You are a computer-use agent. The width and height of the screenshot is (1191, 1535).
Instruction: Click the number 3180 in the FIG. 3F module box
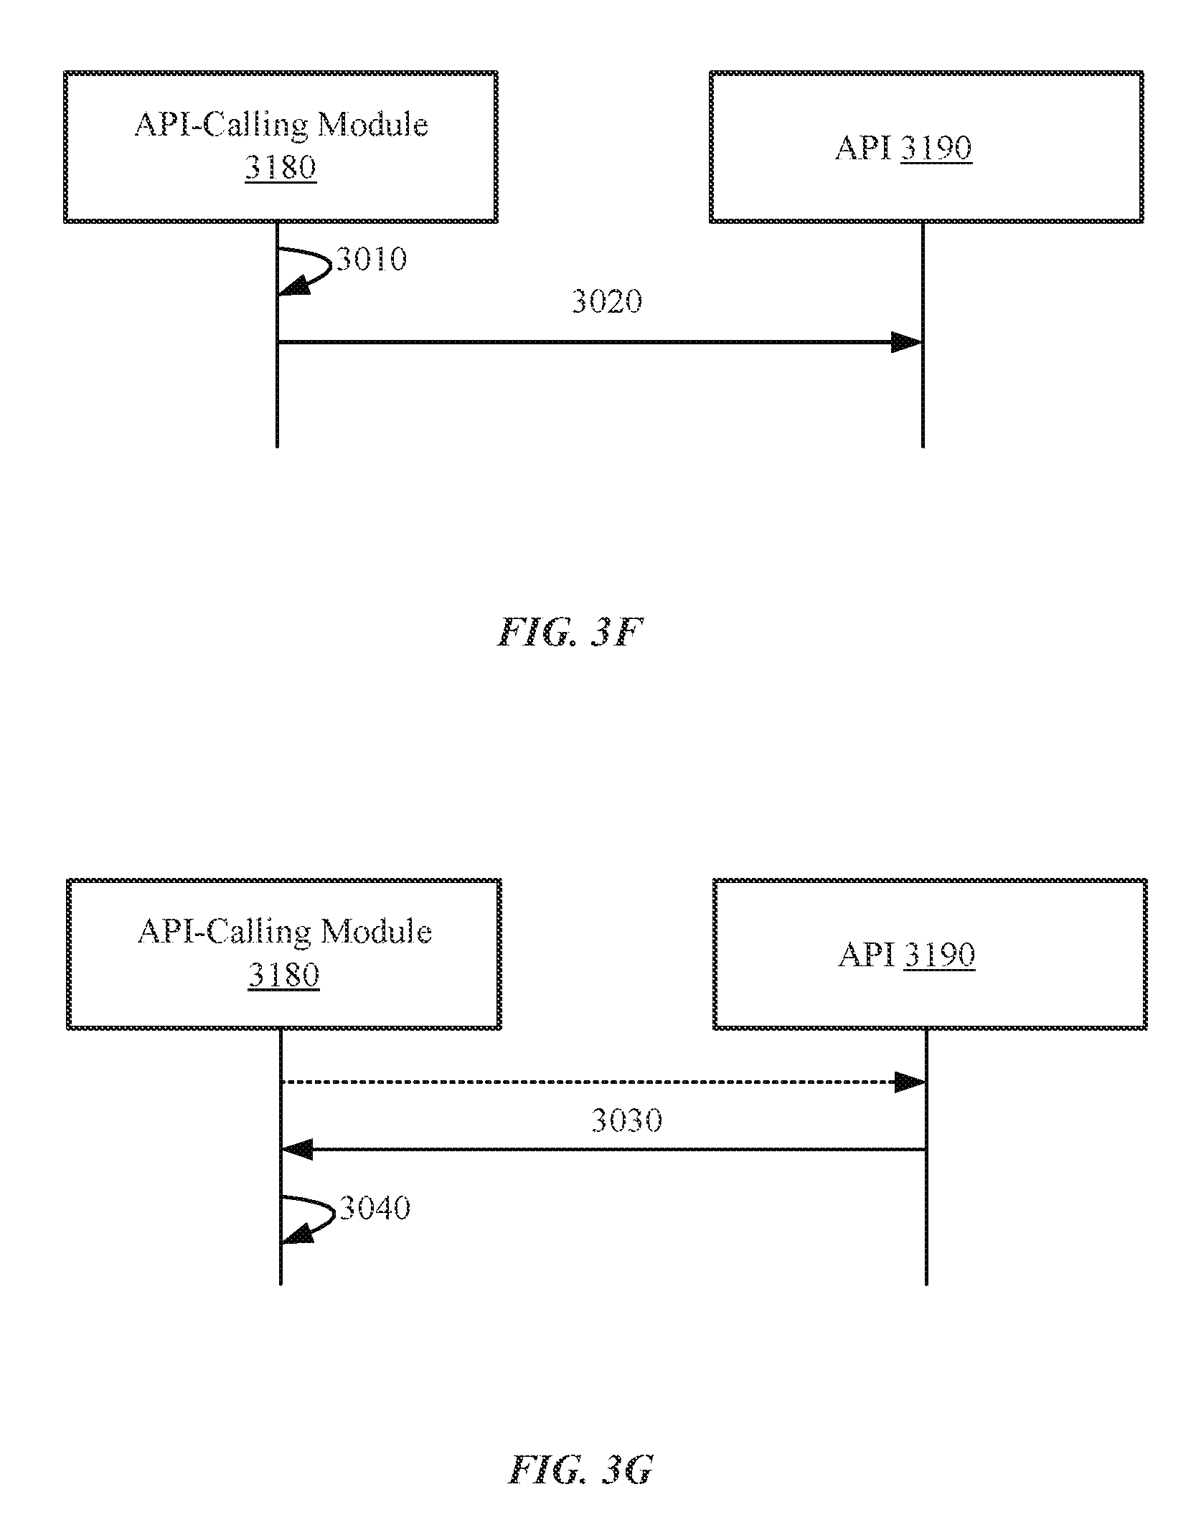point(280,168)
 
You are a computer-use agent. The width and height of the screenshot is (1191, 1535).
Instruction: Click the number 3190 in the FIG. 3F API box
point(936,148)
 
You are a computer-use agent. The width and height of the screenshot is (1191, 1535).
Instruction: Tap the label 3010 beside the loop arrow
point(372,259)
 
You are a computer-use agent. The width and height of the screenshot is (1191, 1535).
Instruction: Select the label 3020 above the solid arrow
point(607,301)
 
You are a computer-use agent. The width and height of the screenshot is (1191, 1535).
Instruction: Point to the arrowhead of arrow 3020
point(907,342)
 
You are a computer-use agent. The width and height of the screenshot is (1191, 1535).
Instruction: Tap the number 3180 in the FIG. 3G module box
point(283,976)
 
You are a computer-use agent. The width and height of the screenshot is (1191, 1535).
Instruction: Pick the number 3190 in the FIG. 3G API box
point(939,955)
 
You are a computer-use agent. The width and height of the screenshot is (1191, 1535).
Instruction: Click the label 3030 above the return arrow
point(626,1120)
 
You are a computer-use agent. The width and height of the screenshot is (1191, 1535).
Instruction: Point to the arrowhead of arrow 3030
point(296,1150)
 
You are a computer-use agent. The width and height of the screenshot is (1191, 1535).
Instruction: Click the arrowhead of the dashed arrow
point(910,1082)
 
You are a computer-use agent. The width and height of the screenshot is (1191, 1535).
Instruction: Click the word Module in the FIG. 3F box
point(373,124)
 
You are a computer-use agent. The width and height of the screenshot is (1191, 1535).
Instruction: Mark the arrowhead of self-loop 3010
point(294,286)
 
